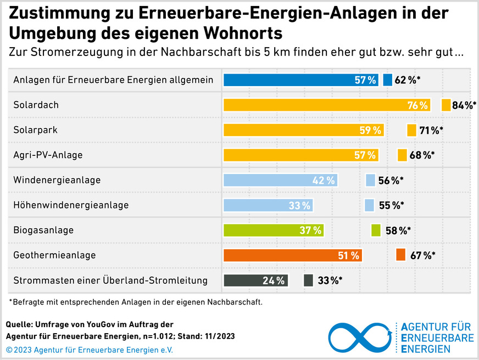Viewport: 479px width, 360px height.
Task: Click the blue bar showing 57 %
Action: (300, 80)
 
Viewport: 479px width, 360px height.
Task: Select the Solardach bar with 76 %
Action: (327, 105)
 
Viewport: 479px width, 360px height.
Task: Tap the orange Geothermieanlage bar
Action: (292, 255)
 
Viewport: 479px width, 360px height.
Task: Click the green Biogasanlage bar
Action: (274, 230)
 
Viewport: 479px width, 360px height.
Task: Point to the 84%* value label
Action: (464, 105)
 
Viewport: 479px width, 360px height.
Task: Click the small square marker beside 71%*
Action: (411, 130)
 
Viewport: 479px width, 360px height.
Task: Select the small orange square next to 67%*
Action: (400, 255)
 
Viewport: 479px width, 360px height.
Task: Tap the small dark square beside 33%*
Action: (309, 280)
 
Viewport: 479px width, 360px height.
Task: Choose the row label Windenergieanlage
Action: (57, 180)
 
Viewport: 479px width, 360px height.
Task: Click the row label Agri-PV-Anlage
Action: (48, 155)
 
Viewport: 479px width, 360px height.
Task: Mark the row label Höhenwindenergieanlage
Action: (71, 205)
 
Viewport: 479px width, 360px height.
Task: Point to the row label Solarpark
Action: (36, 130)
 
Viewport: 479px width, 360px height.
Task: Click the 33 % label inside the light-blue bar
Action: (299, 206)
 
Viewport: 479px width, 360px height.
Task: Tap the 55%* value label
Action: (391, 206)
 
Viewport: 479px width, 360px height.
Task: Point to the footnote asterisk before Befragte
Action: (10, 301)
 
